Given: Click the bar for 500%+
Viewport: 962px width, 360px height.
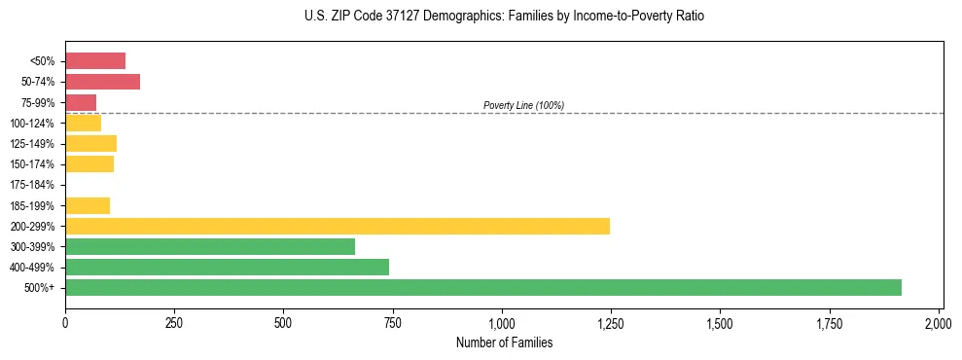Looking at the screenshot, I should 482,287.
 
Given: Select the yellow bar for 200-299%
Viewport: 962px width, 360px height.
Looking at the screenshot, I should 337,226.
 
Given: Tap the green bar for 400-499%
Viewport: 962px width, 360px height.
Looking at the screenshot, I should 227,267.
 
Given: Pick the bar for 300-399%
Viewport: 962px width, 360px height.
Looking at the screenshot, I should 209,246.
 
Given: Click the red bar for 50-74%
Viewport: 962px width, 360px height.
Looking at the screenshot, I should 102,81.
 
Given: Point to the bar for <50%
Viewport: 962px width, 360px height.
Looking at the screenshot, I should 95,60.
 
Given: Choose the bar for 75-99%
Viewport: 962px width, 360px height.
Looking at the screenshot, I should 81,102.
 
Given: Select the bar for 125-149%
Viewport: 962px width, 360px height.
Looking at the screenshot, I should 90,143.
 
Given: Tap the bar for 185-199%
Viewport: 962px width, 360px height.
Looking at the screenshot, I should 88,205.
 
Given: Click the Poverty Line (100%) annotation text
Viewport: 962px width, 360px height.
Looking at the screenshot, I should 523,105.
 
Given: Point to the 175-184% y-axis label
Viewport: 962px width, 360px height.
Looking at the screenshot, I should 32,185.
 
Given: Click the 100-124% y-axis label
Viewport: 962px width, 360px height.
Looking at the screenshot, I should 32,123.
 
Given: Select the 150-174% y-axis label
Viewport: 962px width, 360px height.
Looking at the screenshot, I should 32,164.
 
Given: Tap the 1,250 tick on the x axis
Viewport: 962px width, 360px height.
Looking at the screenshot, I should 610,322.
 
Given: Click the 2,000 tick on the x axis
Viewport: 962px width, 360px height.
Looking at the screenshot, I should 938,322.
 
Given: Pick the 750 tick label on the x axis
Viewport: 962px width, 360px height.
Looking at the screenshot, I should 392,322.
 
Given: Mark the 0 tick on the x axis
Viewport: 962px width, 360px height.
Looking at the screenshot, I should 65,322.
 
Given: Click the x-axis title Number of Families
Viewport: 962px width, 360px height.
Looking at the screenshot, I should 504,342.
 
